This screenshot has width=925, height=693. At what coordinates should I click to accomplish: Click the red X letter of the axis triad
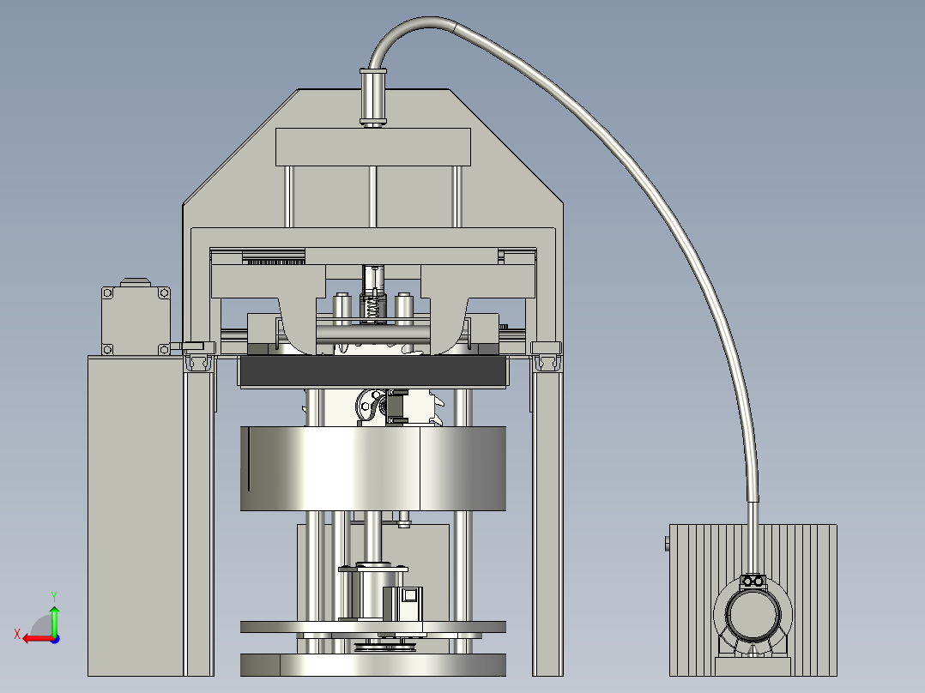click(17, 634)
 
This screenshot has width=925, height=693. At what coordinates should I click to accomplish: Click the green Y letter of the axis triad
click(54, 596)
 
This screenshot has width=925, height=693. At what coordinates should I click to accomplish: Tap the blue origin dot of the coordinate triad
click(55, 639)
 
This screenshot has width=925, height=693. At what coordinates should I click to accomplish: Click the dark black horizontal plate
click(372, 371)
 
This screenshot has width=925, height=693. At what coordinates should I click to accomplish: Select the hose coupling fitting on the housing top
click(372, 97)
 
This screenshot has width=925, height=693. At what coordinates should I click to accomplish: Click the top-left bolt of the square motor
click(107, 293)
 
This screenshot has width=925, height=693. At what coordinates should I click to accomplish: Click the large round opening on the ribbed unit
click(753, 614)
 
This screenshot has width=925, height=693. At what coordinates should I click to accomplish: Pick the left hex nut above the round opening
click(747, 582)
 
